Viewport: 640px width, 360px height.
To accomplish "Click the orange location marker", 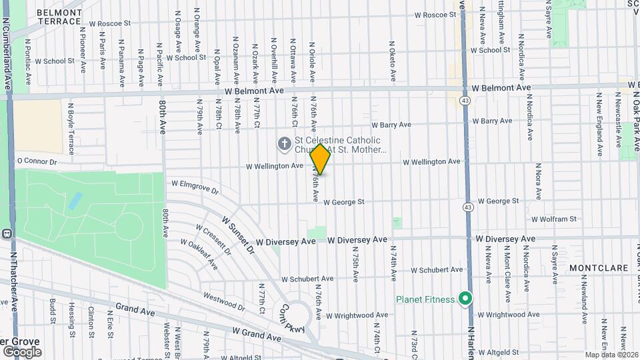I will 321,159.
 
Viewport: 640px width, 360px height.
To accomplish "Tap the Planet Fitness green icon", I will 465,299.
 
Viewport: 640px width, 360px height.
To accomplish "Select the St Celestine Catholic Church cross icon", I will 284,143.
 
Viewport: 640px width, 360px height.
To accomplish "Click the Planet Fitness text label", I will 426,299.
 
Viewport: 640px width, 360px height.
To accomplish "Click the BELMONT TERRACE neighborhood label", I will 59,17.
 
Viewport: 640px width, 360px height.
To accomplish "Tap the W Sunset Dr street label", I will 238,235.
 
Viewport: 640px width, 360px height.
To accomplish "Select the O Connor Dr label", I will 37,161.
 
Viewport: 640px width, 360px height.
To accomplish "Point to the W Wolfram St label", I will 553,219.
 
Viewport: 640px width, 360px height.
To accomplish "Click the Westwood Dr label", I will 224,300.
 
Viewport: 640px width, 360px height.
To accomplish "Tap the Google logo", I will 21,351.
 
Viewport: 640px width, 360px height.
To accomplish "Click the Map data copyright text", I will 611,354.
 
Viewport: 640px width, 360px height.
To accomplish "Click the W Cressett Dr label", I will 213,240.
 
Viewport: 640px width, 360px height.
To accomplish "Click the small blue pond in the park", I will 75,201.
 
